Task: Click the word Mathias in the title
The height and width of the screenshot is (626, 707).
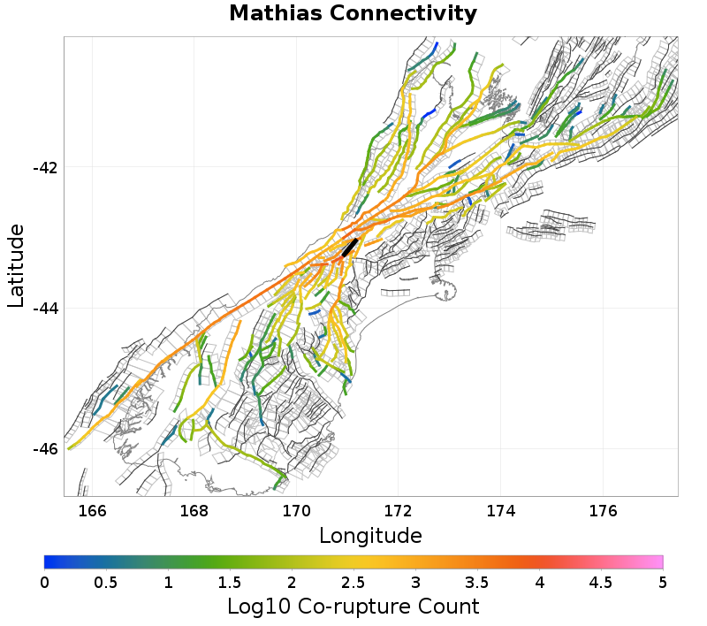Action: (276, 14)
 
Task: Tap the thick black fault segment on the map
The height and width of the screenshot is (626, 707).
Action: (350, 247)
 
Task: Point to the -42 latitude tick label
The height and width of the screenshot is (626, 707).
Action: (43, 168)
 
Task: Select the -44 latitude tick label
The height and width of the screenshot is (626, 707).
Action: (43, 309)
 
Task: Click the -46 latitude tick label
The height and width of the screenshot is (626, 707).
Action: (43, 449)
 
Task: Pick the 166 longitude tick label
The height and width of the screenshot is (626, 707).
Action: (92, 510)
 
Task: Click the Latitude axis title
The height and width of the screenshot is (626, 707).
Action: (16, 265)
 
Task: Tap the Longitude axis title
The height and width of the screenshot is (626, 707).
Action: (370, 536)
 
